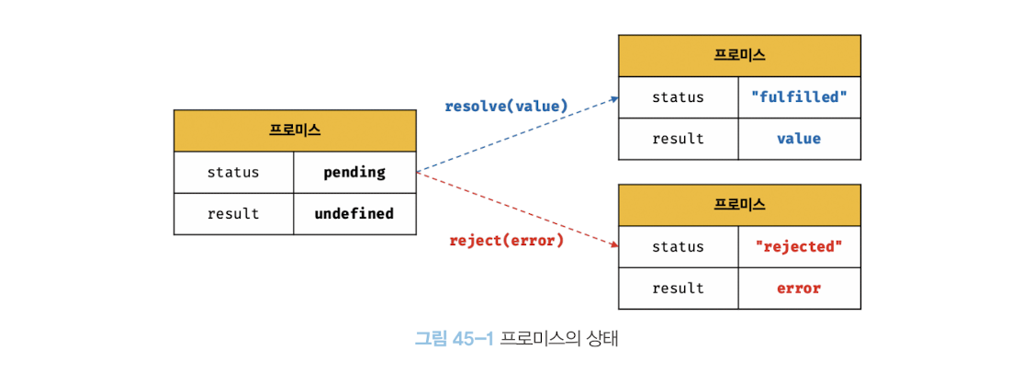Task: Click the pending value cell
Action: click(354, 172)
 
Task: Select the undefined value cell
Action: click(354, 213)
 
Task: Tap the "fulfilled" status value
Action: click(799, 96)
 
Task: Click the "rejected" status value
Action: click(799, 246)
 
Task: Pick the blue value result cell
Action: click(799, 139)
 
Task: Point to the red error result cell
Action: click(799, 288)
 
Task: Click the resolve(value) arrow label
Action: click(506, 106)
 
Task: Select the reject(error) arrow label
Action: click(506, 241)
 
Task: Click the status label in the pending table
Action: click(233, 172)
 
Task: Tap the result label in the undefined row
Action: click(233, 213)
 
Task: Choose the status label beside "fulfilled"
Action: click(678, 96)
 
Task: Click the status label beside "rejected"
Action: click(678, 246)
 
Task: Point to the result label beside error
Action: click(678, 288)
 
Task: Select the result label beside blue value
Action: click(678, 139)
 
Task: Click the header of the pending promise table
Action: click(295, 130)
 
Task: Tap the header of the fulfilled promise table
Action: click(739, 55)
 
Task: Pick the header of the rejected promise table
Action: click(739, 204)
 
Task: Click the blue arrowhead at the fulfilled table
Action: click(613, 98)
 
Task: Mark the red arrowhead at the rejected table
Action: click(613, 244)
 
